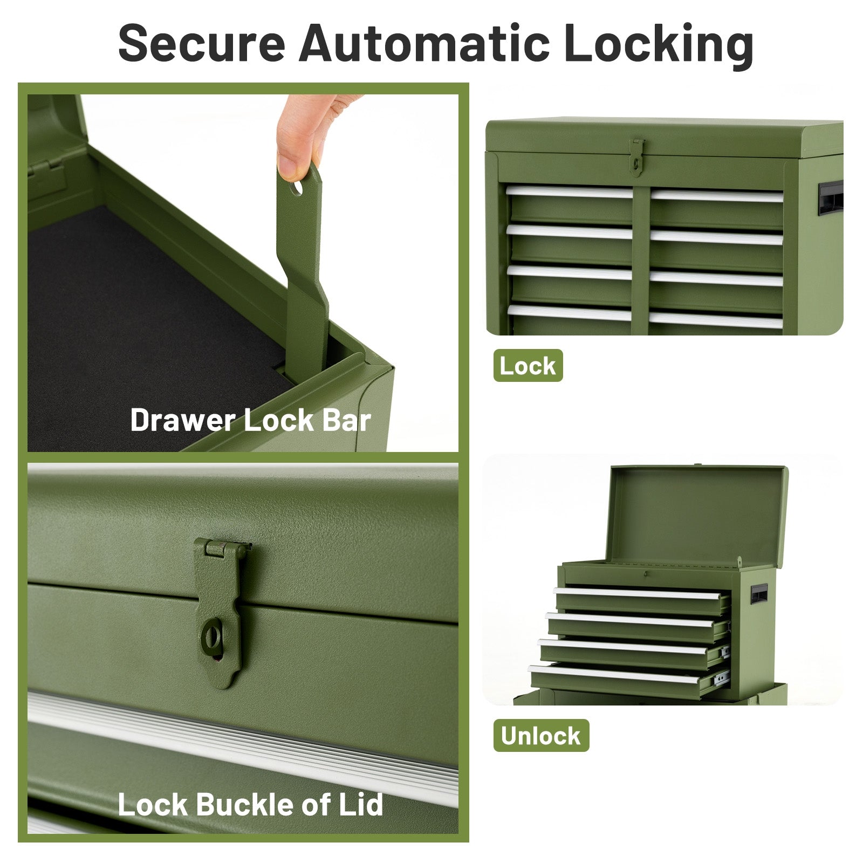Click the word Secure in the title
[x=201, y=43]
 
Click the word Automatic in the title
[x=424, y=43]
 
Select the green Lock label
[x=528, y=366]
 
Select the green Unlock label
[x=540, y=735]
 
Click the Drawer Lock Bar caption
[x=250, y=420]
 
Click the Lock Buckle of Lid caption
[x=250, y=804]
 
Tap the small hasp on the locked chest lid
[x=637, y=156]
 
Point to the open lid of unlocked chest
[x=697, y=515]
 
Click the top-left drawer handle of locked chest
[x=569, y=191]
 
